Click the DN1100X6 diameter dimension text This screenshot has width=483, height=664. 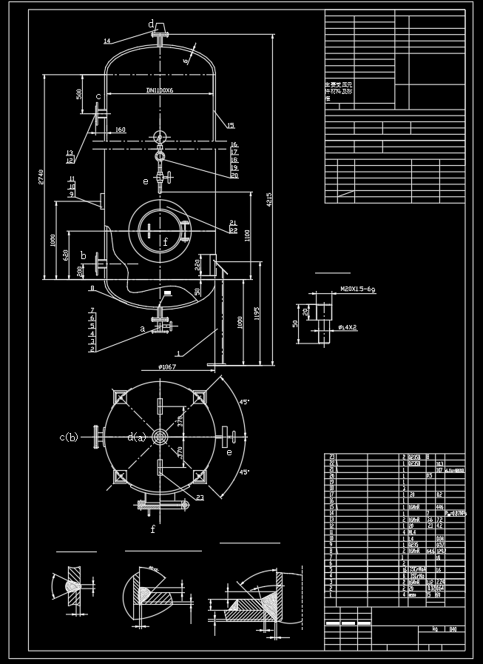pyautogui.click(x=159, y=90)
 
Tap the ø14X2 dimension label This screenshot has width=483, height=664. pyautogui.click(x=348, y=326)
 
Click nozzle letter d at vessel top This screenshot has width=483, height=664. pyautogui.click(x=151, y=24)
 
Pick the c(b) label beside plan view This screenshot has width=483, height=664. pyautogui.click(x=69, y=437)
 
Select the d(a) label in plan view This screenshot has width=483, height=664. pyautogui.click(x=136, y=437)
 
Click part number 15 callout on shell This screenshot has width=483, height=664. pyautogui.click(x=231, y=125)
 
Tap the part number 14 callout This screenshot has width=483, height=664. pyautogui.click(x=107, y=41)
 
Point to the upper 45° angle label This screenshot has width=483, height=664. pyautogui.click(x=244, y=402)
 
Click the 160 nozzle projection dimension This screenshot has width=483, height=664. pyautogui.click(x=120, y=130)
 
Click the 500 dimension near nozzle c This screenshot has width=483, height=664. pyautogui.click(x=79, y=94)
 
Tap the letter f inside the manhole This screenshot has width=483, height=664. pyautogui.click(x=165, y=241)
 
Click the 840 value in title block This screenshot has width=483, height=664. pyautogui.click(x=452, y=629)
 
